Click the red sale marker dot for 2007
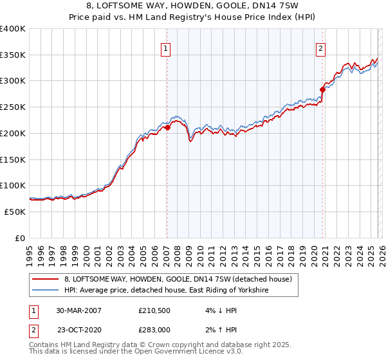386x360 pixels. click(167, 128)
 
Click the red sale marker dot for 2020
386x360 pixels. click(323, 90)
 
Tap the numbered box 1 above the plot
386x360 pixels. click(166, 48)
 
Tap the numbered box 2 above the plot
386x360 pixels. click(320, 48)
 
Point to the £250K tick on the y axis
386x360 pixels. click(13, 107)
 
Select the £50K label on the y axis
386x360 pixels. click(15, 212)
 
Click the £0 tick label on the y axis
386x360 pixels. click(19, 238)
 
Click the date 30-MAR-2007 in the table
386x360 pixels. click(78, 310)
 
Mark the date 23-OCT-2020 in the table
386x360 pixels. click(78, 329)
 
